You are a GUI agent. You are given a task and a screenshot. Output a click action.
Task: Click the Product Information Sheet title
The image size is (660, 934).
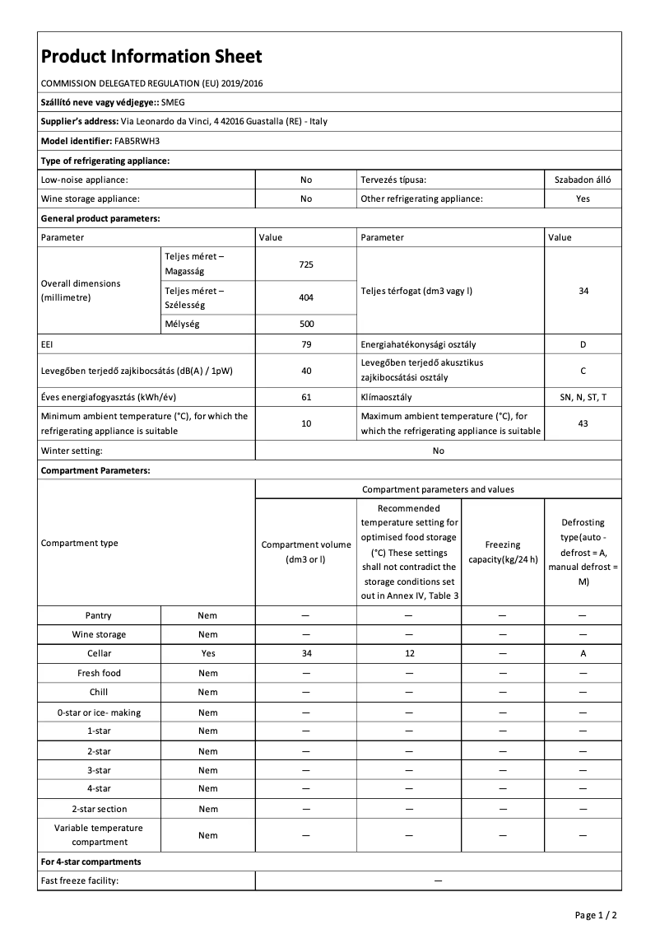coord(151,56)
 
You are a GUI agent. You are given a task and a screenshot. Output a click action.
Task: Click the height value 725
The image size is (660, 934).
coord(306,264)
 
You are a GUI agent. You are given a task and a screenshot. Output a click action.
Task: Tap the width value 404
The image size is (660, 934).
coord(306,297)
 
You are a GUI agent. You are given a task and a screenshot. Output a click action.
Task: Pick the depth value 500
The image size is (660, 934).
coord(306,324)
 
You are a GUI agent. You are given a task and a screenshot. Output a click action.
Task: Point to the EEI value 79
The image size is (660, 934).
coord(306,344)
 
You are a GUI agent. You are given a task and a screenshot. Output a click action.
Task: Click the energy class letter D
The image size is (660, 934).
coord(583,344)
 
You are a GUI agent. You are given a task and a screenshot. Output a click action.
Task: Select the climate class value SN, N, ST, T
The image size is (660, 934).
coord(583,397)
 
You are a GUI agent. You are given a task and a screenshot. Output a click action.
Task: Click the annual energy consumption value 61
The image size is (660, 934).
coord(306,397)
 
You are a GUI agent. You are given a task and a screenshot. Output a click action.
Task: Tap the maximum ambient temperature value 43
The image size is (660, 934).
coord(583,423)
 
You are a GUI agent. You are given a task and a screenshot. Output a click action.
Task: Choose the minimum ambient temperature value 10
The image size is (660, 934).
coord(306,423)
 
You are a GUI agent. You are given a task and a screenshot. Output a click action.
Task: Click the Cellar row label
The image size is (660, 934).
coord(99,653)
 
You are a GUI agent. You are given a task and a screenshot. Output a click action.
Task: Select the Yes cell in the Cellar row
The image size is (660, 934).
coord(208,653)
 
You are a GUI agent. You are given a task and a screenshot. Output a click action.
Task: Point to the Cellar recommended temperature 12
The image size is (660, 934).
coord(409,653)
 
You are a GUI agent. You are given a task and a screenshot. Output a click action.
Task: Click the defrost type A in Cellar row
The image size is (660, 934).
coord(583,653)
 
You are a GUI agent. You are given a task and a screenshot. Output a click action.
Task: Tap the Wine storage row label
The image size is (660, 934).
coord(99,634)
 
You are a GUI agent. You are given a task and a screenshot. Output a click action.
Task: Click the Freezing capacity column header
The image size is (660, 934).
coord(502,552)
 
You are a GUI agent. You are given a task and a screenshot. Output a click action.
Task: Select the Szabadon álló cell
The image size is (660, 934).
coord(583,179)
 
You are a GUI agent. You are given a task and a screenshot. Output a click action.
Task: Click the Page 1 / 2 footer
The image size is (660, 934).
coord(595,914)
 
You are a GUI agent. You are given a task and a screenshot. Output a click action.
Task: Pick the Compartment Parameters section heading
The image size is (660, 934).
coord(95,470)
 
